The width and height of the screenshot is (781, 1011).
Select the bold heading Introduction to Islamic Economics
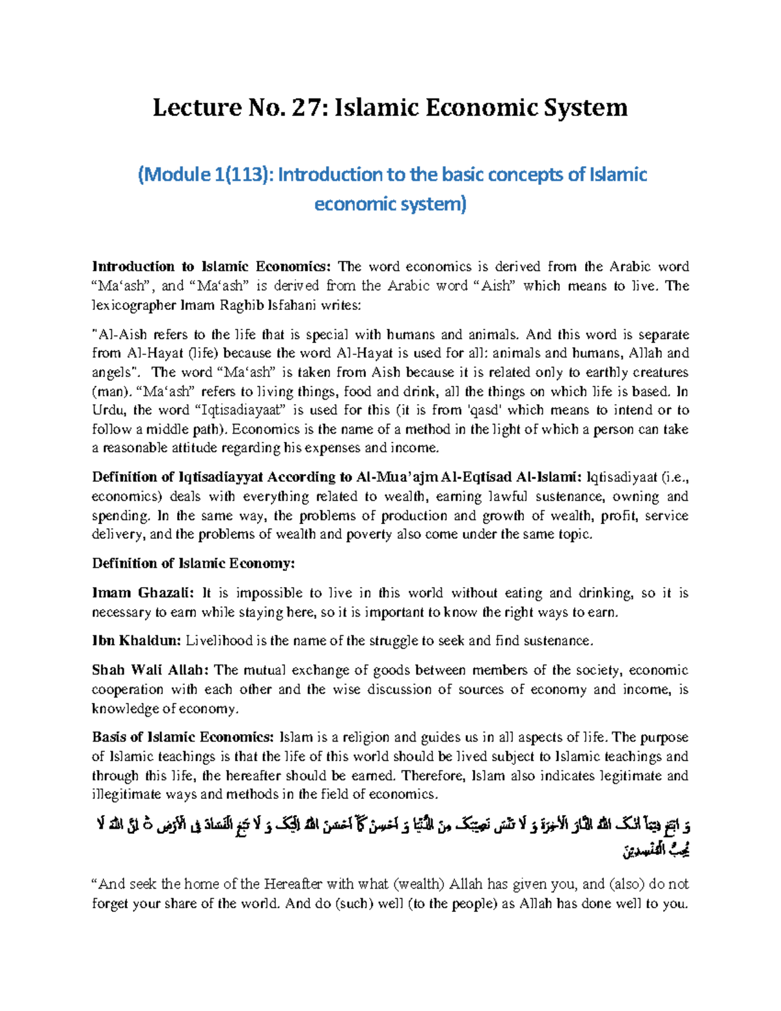tap(212, 266)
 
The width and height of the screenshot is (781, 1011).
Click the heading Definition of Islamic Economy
tap(193, 564)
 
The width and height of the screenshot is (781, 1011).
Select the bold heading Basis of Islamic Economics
tap(183, 738)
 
